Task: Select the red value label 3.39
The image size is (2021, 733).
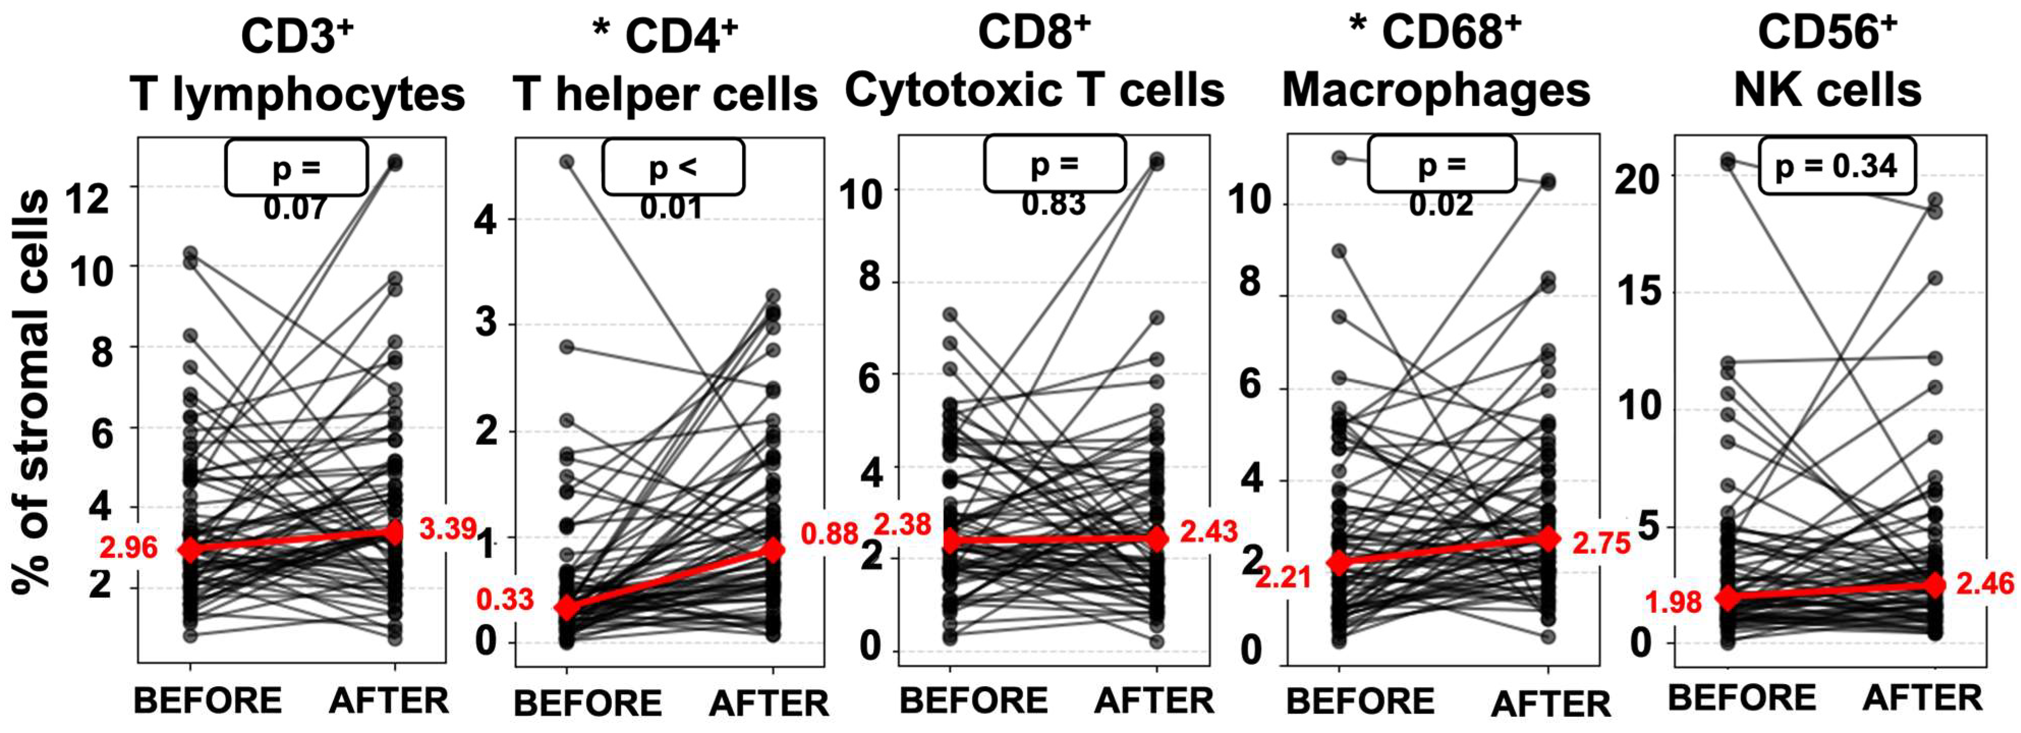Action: point(448,528)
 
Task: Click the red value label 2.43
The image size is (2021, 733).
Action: point(1209,531)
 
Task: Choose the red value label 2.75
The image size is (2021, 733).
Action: point(1601,543)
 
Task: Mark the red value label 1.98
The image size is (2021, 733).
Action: point(1673,602)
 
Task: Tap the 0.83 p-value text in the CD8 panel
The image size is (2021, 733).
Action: point(1054,204)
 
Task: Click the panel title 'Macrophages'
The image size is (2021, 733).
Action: point(1436,91)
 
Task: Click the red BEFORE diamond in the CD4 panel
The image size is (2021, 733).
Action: point(566,607)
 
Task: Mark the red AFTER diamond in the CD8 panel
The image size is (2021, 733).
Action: point(1156,539)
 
